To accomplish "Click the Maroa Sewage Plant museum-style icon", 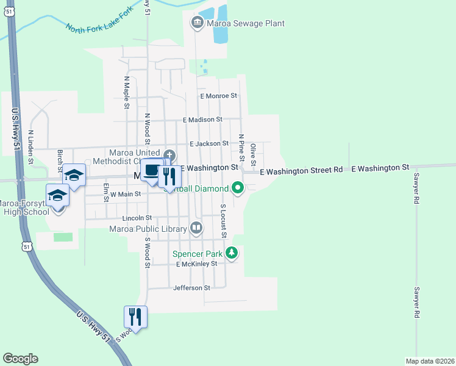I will point(198,24).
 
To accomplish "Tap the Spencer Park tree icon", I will point(231,253).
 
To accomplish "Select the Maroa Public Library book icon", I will point(196,228).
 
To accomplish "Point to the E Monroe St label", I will point(218,96).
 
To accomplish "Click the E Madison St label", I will point(202,120).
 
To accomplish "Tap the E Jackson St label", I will point(208,144).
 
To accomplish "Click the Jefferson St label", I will point(191,288).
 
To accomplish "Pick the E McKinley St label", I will point(196,264).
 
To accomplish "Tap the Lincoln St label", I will point(137,218).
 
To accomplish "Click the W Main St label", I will point(125,194).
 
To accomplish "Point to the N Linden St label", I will point(30,147).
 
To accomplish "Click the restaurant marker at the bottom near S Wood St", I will point(135,317).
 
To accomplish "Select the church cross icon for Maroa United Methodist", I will point(169,156).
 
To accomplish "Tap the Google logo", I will point(20,359).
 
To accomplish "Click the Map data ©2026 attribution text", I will point(429,361).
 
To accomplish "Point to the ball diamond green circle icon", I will point(238,188).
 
